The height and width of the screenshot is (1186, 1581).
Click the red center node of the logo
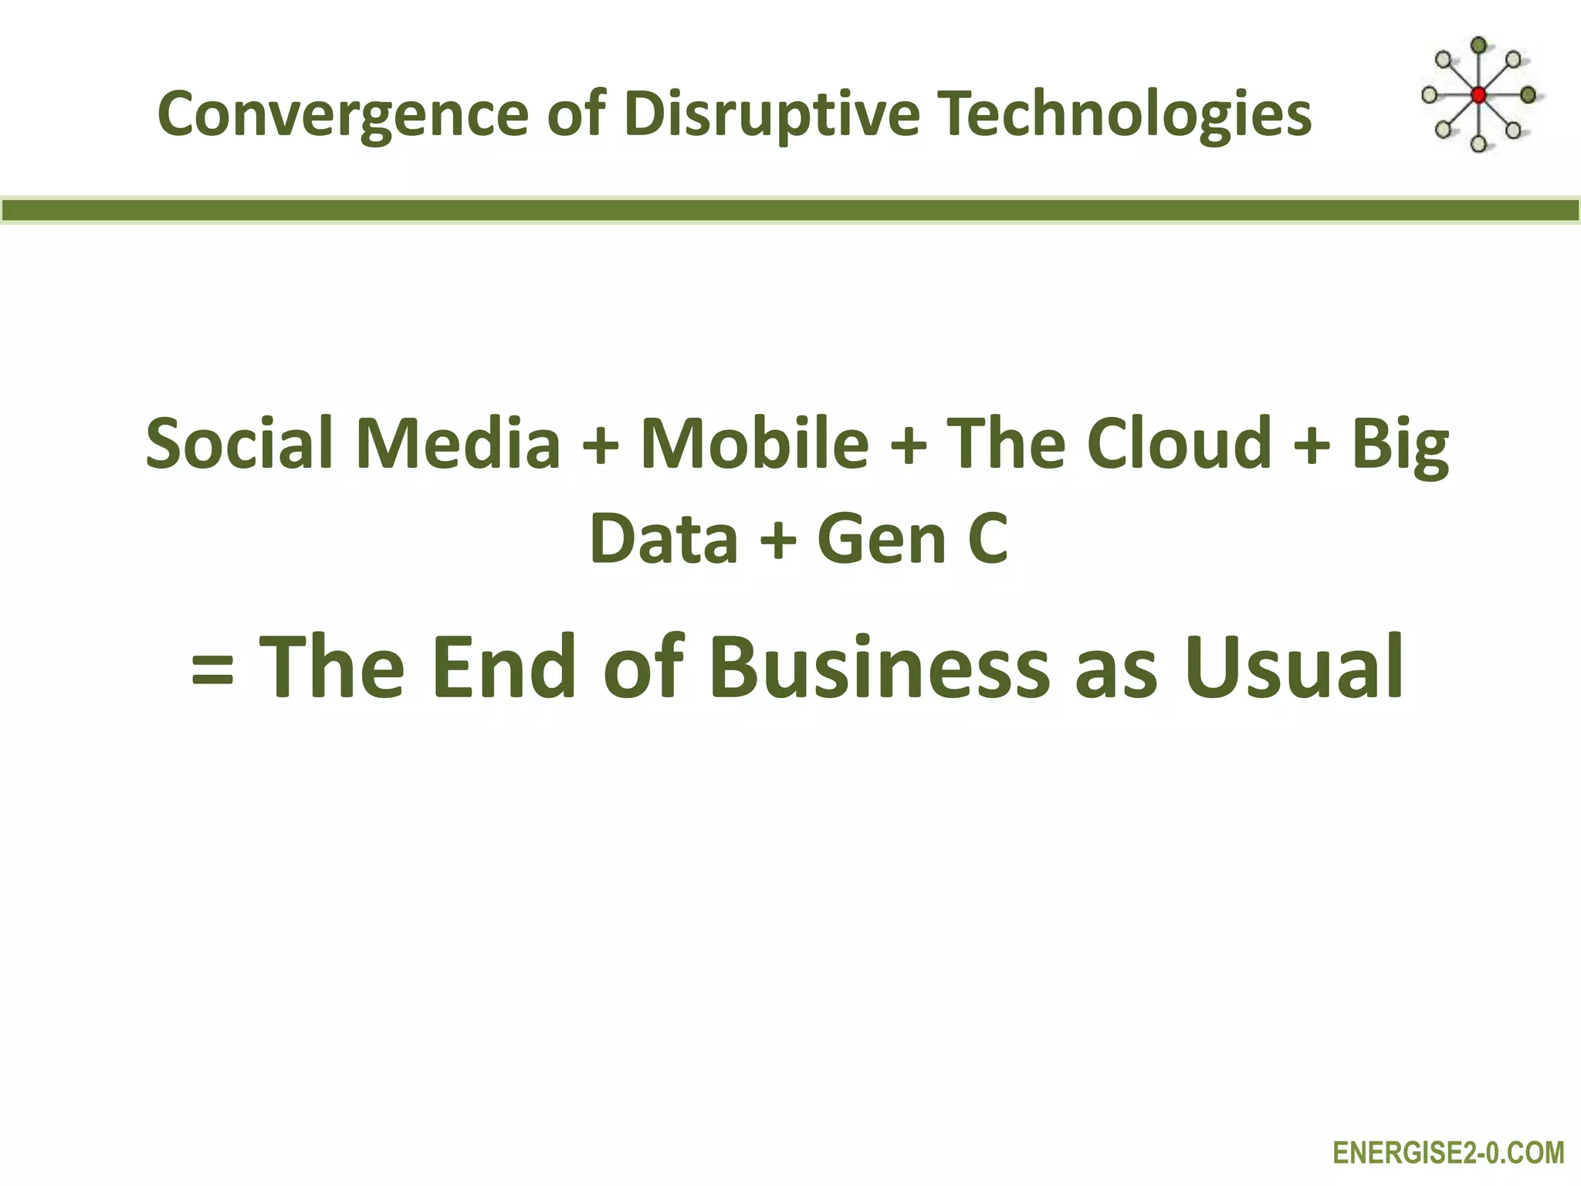click(1478, 96)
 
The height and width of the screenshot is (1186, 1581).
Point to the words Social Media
click(352, 443)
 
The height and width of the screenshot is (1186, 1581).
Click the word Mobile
click(754, 443)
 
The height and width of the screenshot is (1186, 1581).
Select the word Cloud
click(1179, 443)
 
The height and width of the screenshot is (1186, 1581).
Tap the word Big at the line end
click(1400, 445)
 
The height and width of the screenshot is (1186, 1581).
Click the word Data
click(664, 539)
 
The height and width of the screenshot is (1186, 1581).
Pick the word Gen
click(881, 539)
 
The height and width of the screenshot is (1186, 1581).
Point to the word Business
click(879, 666)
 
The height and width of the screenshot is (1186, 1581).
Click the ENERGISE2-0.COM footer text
click(1448, 1154)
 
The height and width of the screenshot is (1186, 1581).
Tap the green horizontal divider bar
click(790, 210)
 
